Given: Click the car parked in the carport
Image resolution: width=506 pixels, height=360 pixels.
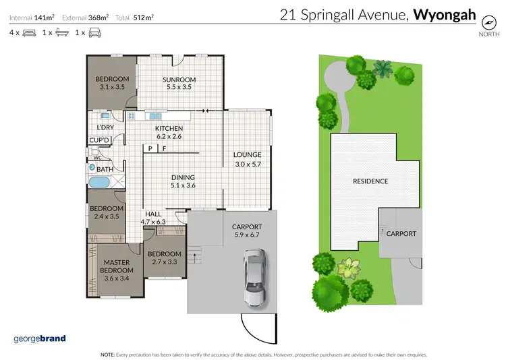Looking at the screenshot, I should coord(255,276).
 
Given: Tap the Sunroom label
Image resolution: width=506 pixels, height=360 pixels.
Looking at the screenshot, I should coord(178,80).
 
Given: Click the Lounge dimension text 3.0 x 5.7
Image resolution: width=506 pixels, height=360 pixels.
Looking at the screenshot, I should coord(248,163).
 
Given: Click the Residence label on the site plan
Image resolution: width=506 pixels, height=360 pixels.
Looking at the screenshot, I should coord(370,181).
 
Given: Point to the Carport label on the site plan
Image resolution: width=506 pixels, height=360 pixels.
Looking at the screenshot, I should coord(401,233).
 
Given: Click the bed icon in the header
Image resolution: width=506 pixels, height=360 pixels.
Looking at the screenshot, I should coord(28,32).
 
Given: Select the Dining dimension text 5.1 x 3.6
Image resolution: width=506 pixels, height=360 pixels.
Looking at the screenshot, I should coord(183,185).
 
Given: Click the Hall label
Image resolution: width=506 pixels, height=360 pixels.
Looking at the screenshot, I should coord(153,214).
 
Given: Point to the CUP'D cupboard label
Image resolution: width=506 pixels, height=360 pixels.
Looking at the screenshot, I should coord(101,140).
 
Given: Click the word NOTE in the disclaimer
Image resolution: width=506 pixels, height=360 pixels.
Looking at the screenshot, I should coord(107,354).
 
